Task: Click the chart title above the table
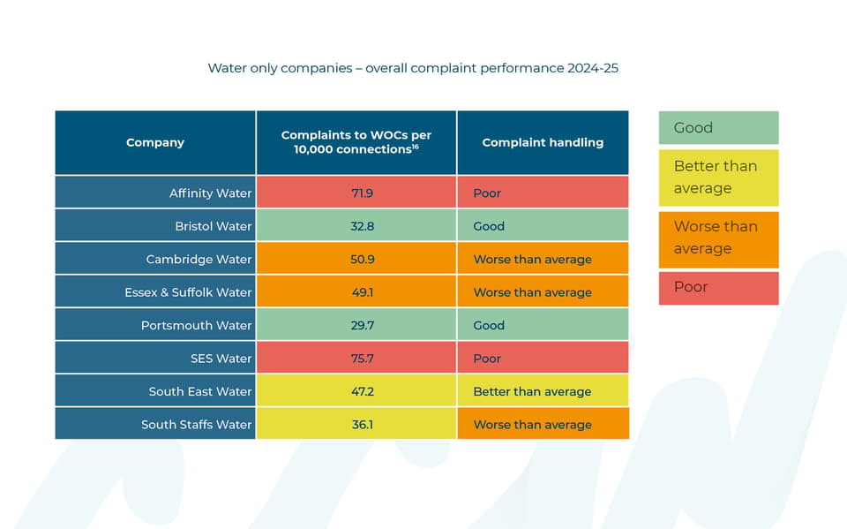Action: (413, 68)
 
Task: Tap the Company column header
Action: (155, 142)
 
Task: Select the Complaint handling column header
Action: (543, 142)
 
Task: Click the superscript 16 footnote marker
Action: (415, 147)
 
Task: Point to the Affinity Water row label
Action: (210, 193)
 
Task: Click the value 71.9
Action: (362, 193)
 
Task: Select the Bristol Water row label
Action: (213, 226)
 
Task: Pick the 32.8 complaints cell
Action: (362, 226)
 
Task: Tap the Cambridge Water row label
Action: (199, 259)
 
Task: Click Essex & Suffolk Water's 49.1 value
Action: (362, 292)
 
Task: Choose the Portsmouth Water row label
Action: (196, 325)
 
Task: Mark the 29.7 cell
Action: (362, 325)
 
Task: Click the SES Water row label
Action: (221, 358)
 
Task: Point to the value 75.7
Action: (362, 358)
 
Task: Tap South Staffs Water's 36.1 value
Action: (362, 424)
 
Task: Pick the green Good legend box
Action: (718, 128)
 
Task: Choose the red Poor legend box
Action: (718, 288)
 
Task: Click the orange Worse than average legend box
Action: (718, 239)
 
